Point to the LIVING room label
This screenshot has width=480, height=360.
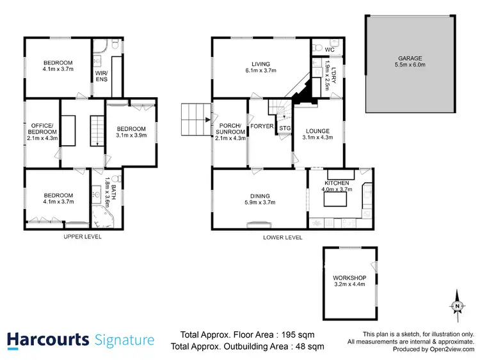(x=260, y=64)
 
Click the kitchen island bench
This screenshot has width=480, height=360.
(x=336, y=200)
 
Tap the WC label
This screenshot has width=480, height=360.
(x=330, y=49)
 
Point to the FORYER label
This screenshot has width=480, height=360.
(x=262, y=127)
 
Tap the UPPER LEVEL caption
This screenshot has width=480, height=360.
(x=83, y=237)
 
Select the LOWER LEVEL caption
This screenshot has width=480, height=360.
(x=283, y=237)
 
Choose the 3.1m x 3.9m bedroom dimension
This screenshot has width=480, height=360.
(x=131, y=135)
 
